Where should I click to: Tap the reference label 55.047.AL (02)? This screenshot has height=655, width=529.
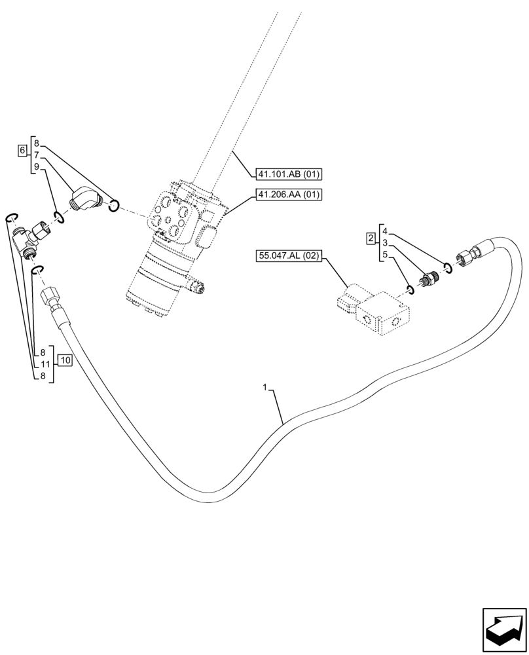[288, 256]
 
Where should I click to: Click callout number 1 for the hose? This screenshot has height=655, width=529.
[265, 388]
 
